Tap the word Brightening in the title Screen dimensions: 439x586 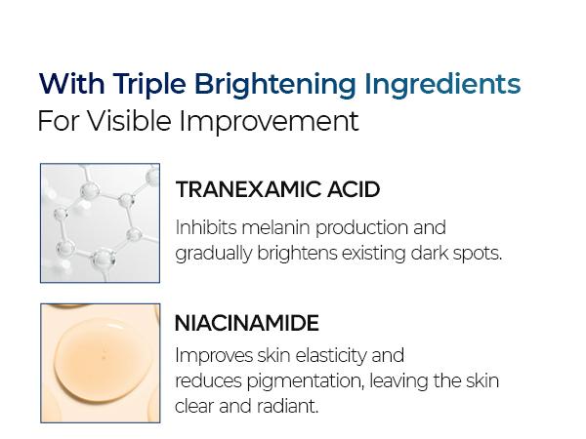(275, 85)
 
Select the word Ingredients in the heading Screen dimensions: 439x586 (442, 85)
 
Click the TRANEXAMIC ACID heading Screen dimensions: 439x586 (277, 189)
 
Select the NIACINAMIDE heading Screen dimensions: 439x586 (247, 323)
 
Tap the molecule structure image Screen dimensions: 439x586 (100, 223)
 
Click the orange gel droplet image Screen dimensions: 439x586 (100, 363)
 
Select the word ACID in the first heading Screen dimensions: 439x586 (354, 189)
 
